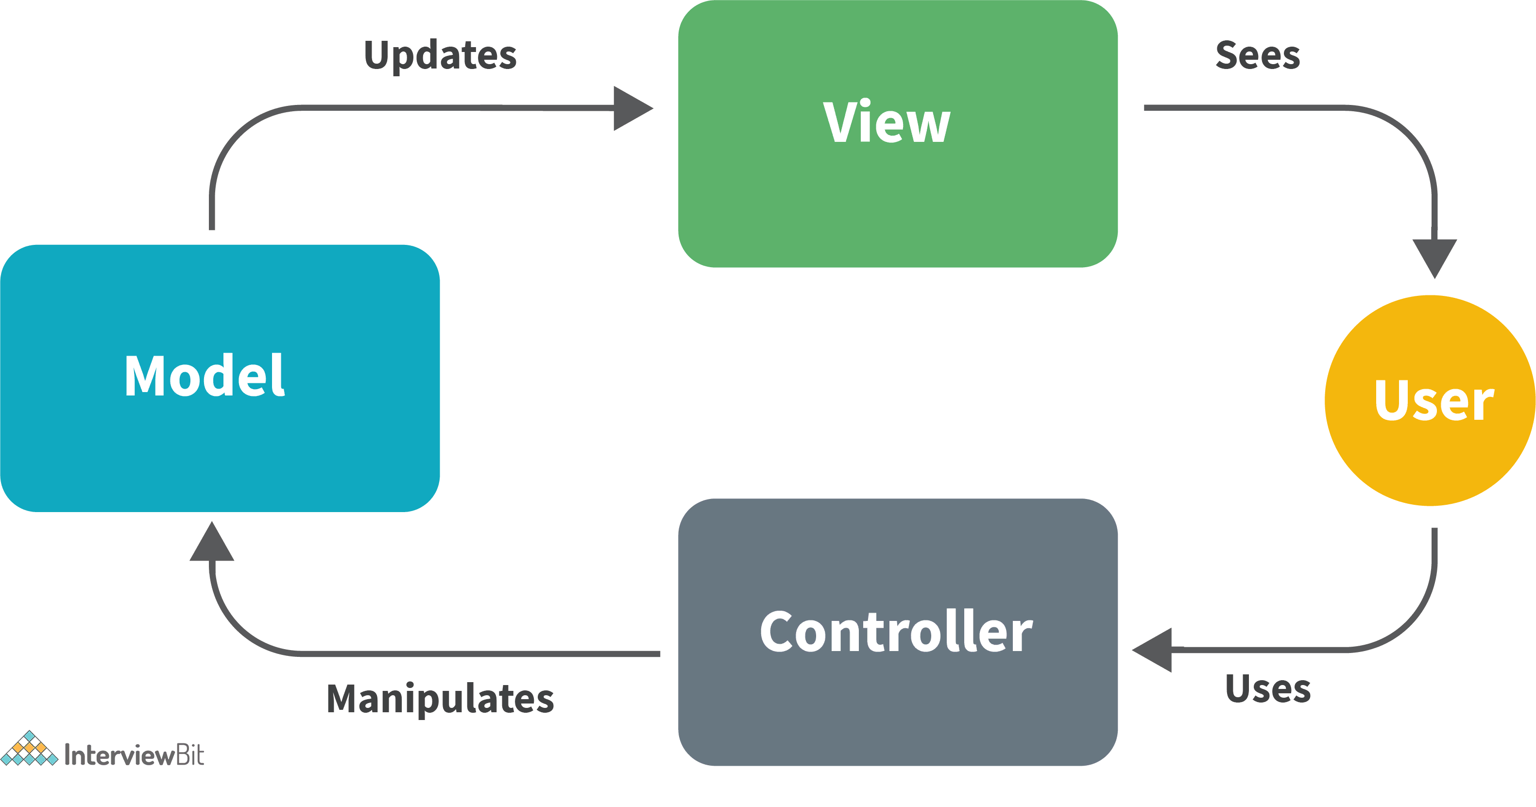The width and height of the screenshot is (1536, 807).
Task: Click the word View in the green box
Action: [887, 122]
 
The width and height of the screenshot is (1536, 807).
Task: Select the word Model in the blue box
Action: [204, 376]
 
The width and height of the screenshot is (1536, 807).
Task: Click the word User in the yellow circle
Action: [1433, 401]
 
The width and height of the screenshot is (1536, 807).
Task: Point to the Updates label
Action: [440, 55]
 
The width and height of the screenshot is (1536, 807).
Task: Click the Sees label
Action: [1258, 55]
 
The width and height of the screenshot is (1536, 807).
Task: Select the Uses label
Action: [1268, 689]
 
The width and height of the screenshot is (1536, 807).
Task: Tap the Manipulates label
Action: [440, 699]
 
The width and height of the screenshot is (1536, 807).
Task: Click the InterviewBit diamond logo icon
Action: [29, 749]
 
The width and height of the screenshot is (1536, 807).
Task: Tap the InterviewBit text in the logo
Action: [134, 755]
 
